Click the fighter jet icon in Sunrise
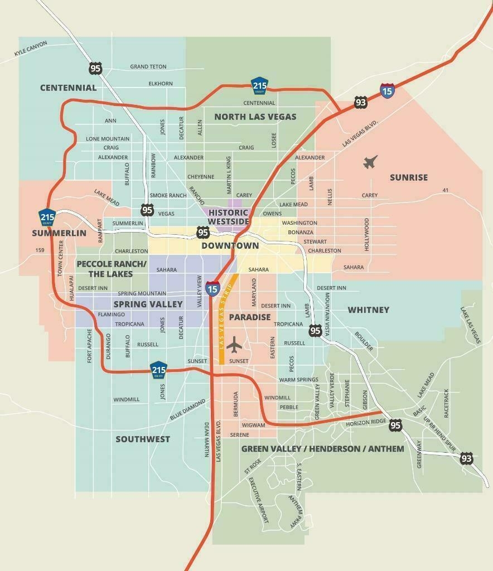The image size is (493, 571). coord(370,162)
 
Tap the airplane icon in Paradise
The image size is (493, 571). coord(234,345)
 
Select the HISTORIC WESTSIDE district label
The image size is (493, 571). coord(228,217)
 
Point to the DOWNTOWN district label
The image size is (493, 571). coord(230,245)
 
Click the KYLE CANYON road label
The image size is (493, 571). coord(31,49)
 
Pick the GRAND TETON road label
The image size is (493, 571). coord(148,66)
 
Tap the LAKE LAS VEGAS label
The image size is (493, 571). coord(470,325)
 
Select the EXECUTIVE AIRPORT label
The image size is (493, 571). coord(259,500)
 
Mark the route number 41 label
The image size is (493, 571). coord(445,191)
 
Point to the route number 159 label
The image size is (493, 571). coord(39,250)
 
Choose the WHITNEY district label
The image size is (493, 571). coord(368,309)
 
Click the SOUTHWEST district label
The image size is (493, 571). coord(142,439)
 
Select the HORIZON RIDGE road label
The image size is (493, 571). coord(366,422)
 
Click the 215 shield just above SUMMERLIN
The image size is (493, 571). coord(47,217)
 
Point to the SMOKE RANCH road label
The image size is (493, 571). coord(168,195)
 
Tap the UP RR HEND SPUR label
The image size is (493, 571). coord(439,434)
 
